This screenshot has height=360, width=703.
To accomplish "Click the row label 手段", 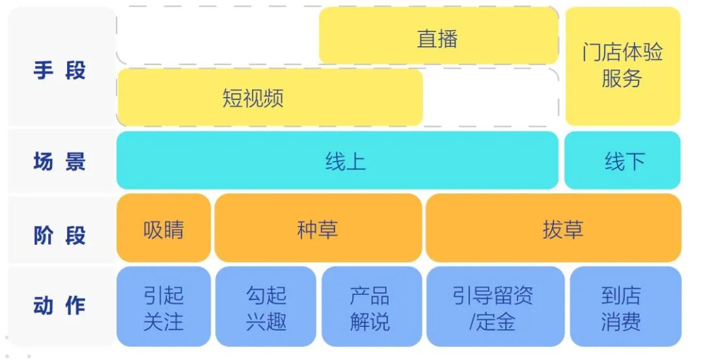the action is coord(59,70).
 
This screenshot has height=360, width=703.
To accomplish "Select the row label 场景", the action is coord(59,161).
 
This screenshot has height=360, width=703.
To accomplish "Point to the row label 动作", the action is coord(59,305).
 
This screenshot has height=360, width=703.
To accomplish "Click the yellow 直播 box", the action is coord(438,38).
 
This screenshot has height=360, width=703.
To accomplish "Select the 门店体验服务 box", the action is coord(622,65).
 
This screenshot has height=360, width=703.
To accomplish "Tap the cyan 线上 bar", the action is coord(337,161).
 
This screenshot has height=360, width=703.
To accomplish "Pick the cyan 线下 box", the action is coord(623,161).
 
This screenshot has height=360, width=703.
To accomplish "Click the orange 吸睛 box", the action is coord(163,229).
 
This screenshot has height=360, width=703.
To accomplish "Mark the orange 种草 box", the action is coord(318,229).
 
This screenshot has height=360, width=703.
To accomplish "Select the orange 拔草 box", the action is coord(553,229).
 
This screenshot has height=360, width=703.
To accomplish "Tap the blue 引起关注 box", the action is coord(163,307).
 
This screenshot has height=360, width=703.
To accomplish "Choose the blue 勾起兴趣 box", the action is coord(266,307).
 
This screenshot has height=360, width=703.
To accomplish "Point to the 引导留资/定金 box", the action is coord(493,307).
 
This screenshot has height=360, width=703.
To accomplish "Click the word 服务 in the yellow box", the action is coord(622,79).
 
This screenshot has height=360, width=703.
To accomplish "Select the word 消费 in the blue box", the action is coord(622,321).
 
